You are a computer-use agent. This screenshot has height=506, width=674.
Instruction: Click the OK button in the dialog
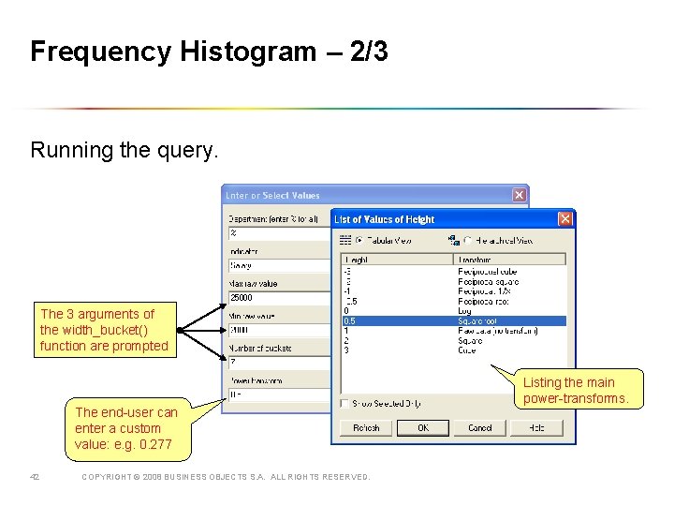(x=423, y=428)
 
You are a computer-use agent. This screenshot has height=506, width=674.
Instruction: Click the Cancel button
(x=479, y=428)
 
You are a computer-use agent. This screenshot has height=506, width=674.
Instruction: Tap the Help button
(x=535, y=428)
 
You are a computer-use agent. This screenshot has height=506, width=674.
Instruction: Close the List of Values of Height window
(x=564, y=218)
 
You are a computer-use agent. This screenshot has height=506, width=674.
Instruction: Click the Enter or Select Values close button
(x=519, y=195)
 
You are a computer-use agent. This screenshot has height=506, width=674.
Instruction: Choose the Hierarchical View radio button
(x=467, y=241)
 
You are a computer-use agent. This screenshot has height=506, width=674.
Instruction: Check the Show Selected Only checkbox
(x=345, y=404)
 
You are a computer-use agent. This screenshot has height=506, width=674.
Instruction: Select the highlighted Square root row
(x=454, y=320)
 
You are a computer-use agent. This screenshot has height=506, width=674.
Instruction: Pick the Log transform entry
(x=465, y=311)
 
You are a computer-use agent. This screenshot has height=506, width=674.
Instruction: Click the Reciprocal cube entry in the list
(x=487, y=272)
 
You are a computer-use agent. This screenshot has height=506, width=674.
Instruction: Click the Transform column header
(x=509, y=260)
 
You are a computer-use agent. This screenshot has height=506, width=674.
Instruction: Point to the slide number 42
(x=35, y=477)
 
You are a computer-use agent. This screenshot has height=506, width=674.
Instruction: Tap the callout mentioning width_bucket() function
(x=105, y=330)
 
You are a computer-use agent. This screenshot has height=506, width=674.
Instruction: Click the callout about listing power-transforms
(x=581, y=390)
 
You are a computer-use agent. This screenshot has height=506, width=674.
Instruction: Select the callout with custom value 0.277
(x=126, y=428)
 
